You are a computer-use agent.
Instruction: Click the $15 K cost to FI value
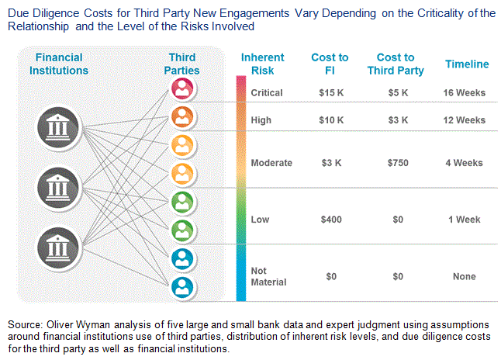point(330,92)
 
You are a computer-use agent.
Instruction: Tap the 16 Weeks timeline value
point(465,92)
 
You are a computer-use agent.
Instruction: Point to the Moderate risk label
point(271,163)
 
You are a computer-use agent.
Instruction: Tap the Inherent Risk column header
point(263,64)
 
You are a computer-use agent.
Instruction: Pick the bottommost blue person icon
point(182,287)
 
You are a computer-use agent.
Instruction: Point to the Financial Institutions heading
point(57,64)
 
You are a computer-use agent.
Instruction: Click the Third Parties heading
point(184,64)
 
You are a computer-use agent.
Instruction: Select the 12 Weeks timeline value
point(465,120)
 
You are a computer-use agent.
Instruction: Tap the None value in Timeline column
point(465,276)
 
